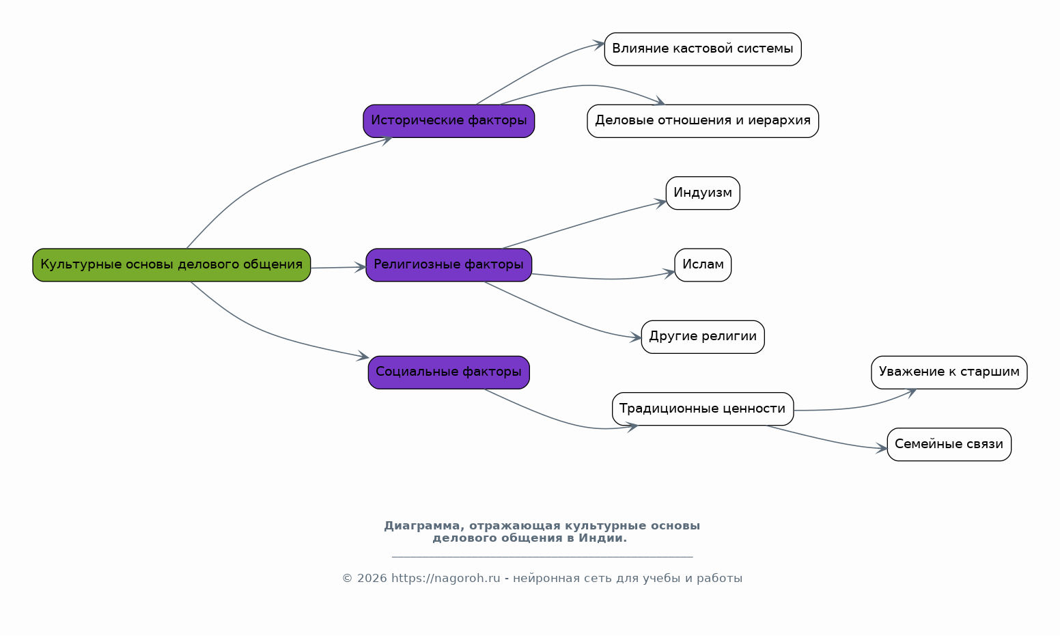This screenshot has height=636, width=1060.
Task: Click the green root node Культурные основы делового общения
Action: pyautogui.click(x=171, y=265)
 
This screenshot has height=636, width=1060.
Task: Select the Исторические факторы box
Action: pyautogui.click(x=449, y=121)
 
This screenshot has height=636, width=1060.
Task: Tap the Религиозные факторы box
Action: pyautogui.click(x=449, y=265)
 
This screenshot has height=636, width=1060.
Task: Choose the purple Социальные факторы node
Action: pyautogui.click(x=449, y=372)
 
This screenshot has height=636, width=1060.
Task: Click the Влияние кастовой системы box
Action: pyautogui.click(x=703, y=49)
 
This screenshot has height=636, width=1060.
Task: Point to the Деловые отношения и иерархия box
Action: pyautogui.click(x=703, y=121)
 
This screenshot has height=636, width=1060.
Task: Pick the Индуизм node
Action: pyautogui.click(x=703, y=193)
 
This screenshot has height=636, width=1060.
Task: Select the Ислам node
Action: pyautogui.click(x=703, y=265)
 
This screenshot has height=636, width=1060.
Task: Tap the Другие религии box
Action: pyautogui.click(x=703, y=337)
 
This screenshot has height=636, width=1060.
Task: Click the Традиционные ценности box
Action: pyautogui.click(x=703, y=409)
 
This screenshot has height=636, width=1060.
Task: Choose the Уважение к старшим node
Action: pyautogui.click(x=949, y=372)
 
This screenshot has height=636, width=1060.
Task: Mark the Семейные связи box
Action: pyautogui.click(x=949, y=445)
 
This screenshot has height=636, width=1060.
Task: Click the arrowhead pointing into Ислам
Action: pyautogui.click(x=670, y=273)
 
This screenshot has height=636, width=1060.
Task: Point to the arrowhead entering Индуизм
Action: pyautogui.click(x=661, y=202)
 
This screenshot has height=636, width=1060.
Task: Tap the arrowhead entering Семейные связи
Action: pyautogui.click(x=882, y=449)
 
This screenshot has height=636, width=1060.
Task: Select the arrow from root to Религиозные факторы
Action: pyautogui.click(x=338, y=267)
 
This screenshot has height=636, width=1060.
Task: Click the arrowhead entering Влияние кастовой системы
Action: pyautogui.click(x=600, y=44)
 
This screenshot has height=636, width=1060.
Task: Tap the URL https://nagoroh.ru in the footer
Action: pyautogui.click(x=446, y=579)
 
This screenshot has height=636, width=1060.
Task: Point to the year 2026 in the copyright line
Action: pyautogui.click(x=372, y=579)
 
